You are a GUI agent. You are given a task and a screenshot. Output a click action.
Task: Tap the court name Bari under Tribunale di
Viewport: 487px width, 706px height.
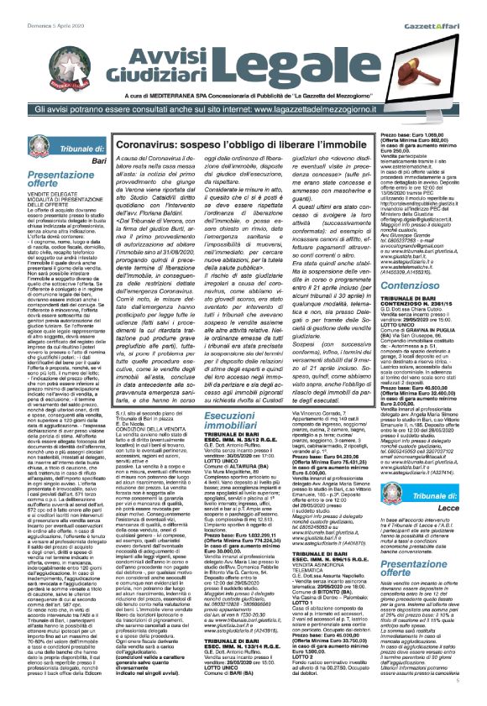[x=75, y=160]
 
